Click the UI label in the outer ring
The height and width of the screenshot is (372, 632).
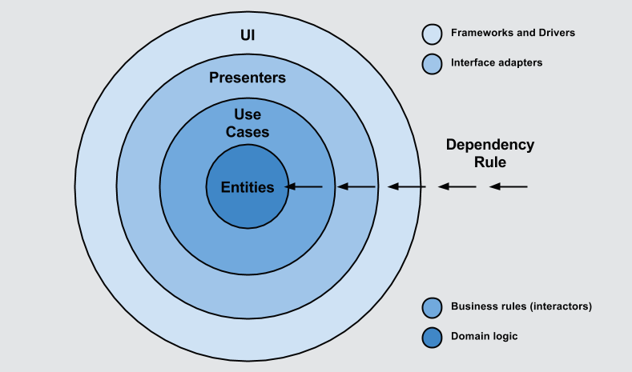pyautogui.click(x=248, y=37)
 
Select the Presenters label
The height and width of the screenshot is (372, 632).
pyautogui.click(x=248, y=78)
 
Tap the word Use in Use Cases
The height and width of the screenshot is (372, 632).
pyautogui.click(x=248, y=114)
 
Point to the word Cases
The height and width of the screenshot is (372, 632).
pyautogui.click(x=248, y=132)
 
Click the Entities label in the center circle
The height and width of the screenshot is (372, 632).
pyautogui.click(x=248, y=187)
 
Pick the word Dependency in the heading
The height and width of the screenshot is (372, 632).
pyautogui.click(x=489, y=145)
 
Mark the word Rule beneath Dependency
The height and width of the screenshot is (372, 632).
pyautogui.click(x=489, y=162)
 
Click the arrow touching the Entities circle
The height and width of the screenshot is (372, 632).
pyautogui.click(x=304, y=187)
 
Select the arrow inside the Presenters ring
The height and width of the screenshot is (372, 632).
pyautogui.click(x=356, y=187)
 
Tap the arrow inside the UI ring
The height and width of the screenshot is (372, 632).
pyautogui.click(x=406, y=187)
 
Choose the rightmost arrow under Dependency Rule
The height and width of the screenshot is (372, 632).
pyautogui.click(x=509, y=187)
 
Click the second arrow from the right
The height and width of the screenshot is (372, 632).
pyautogui.click(x=457, y=187)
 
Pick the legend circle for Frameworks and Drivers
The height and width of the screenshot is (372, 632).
pyautogui.click(x=432, y=34)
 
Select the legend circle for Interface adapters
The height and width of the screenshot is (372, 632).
pyautogui.click(x=432, y=63)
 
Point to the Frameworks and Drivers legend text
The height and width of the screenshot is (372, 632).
pyautogui.click(x=513, y=34)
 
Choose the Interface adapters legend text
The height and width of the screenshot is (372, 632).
pyautogui.click(x=497, y=62)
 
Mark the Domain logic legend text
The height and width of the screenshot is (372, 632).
pyautogui.click(x=485, y=337)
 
